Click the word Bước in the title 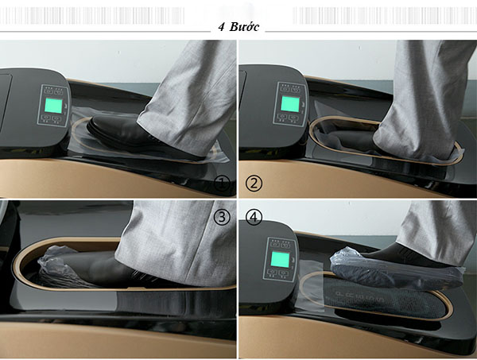click(244, 27)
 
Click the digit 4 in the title click(222, 27)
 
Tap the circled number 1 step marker click(222, 184)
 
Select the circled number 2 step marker click(254, 184)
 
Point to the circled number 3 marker click(222, 217)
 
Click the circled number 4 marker click(254, 217)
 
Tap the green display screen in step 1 click(53, 105)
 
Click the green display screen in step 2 click(289, 103)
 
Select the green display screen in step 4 click(280, 259)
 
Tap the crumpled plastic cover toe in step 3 click(56, 265)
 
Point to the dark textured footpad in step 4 click(383, 296)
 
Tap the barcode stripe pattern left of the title click(92, 16)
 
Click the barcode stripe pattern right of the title click(385, 16)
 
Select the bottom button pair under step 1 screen click(52, 118)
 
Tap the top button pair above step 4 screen click(280, 244)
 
